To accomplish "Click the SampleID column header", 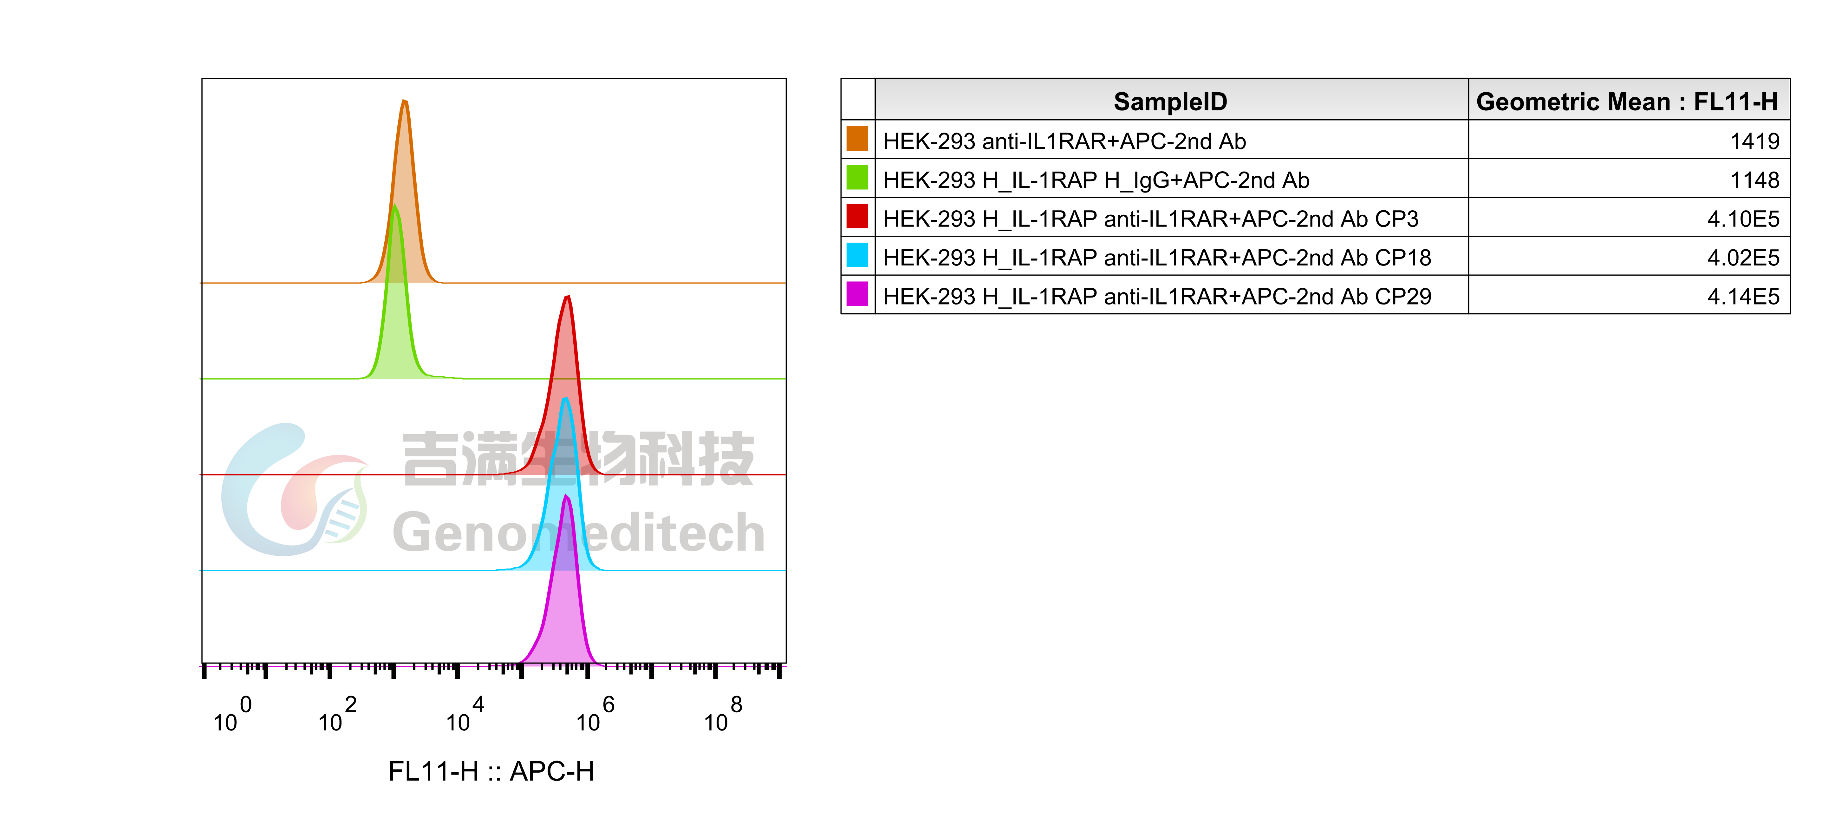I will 1170,101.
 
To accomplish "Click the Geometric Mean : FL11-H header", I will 1627,101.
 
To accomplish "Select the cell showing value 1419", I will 1754,141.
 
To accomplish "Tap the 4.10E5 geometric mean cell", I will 1743,219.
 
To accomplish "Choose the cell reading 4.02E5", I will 1743,257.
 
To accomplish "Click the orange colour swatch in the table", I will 857,139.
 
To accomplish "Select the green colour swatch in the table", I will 857,178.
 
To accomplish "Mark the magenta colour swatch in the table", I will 857,294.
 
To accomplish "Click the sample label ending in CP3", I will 1150,219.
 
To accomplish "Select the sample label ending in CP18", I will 1157,257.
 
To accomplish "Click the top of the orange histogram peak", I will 405,101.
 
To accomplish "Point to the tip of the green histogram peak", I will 395,207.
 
